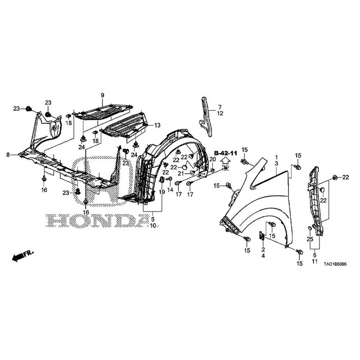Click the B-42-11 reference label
pyautogui.click(x=225, y=153)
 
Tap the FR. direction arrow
pyautogui.click(x=23, y=255)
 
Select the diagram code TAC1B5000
pyautogui.click(x=335, y=264)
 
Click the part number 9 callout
pyautogui.click(x=103, y=95)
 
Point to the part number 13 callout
pyautogui.click(x=157, y=126)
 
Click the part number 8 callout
pyautogui.click(x=8, y=155)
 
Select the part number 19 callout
pyautogui.click(x=162, y=192)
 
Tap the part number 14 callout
pyautogui.click(x=170, y=189)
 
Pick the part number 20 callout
pyautogui.click(x=212, y=159)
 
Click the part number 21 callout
pyautogui.click(x=181, y=173)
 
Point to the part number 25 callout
pyautogui.click(x=310, y=239)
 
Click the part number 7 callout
pyautogui.click(x=220, y=107)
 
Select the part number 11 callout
pyautogui.click(x=315, y=261)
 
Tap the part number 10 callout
pyautogui.click(x=153, y=225)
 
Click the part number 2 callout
pyautogui.click(x=263, y=250)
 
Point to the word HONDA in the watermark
pyautogui.click(x=98, y=220)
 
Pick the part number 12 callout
pyautogui.click(x=220, y=113)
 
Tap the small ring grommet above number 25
pyautogui.click(x=309, y=228)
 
